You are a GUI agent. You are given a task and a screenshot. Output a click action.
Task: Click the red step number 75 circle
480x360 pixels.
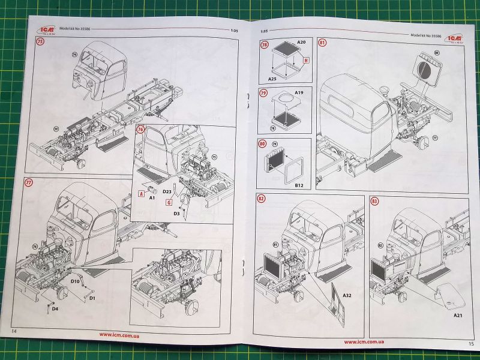click(x=40, y=42)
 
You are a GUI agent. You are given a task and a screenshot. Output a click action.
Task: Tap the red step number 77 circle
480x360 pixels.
click(x=29, y=182)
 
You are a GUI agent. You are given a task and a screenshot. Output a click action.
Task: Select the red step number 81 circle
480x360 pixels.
click(x=323, y=43)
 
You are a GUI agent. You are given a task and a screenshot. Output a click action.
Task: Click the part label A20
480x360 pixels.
click(x=302, y=43)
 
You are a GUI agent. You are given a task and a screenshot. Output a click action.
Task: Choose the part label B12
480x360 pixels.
click(x=299, y=185)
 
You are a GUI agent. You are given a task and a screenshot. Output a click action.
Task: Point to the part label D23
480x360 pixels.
click(x=168, y=191)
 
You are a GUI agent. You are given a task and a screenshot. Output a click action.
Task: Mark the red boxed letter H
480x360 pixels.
click(x=306, y=61)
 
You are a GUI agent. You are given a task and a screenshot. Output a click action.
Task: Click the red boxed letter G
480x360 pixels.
click(x=170, y=202)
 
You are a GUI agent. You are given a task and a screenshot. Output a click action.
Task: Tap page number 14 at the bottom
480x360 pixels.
click(x=14, y=331)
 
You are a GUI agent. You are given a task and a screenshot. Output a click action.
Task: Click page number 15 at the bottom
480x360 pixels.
click(x=470, y=344)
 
